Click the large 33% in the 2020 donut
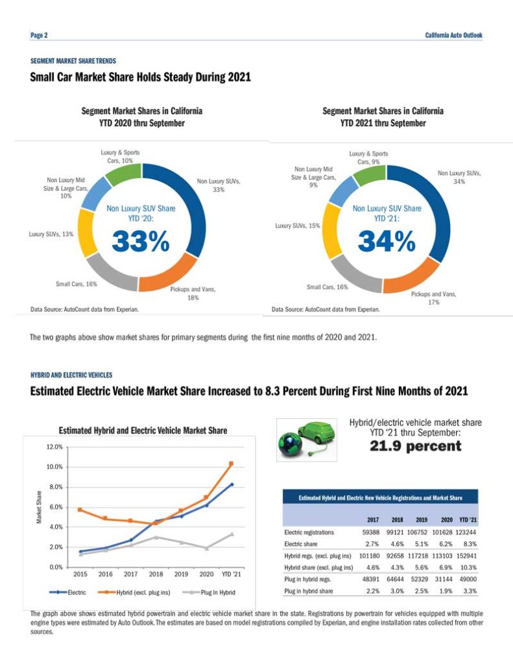tap(141, 241)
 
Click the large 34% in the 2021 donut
tap(387, 241)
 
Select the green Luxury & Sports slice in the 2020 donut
tap(123, 174)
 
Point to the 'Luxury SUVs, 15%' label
tap(298, 226)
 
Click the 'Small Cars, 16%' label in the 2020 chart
tap(77, 284)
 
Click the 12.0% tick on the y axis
tap(53, 447)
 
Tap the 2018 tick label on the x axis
tap(156, 574)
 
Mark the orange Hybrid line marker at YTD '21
tap(231, 464)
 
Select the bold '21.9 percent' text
tap(415, 446)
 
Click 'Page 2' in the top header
tap(39, 35)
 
